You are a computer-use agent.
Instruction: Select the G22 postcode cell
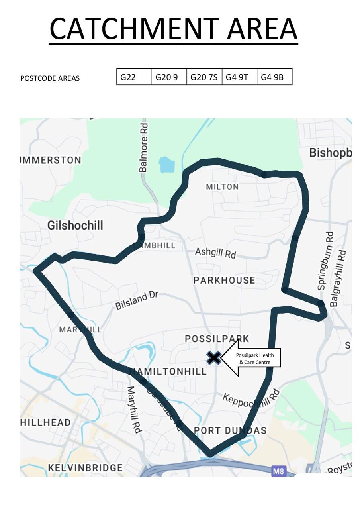click(134, 77)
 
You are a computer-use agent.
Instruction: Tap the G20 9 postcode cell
click(169, 77)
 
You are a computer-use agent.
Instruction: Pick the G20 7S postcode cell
click(204, 77)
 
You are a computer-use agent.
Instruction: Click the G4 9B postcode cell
click(274, 77)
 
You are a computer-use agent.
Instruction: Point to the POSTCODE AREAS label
click(50, 78)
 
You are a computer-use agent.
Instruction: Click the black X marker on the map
click(214, 357)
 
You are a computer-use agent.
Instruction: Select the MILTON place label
click(222, 187)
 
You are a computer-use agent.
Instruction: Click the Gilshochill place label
click(75, 226)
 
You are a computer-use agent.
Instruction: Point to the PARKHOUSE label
click(224, 280)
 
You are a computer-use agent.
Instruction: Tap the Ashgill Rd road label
click(215, 253)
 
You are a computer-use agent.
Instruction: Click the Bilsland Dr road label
click(137, 300)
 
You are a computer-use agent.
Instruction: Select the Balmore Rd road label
click(144, 147)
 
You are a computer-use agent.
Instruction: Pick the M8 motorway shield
click(279, 472)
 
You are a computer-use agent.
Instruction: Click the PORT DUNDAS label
click(230, 430)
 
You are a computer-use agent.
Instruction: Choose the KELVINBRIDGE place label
click(85, 468)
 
